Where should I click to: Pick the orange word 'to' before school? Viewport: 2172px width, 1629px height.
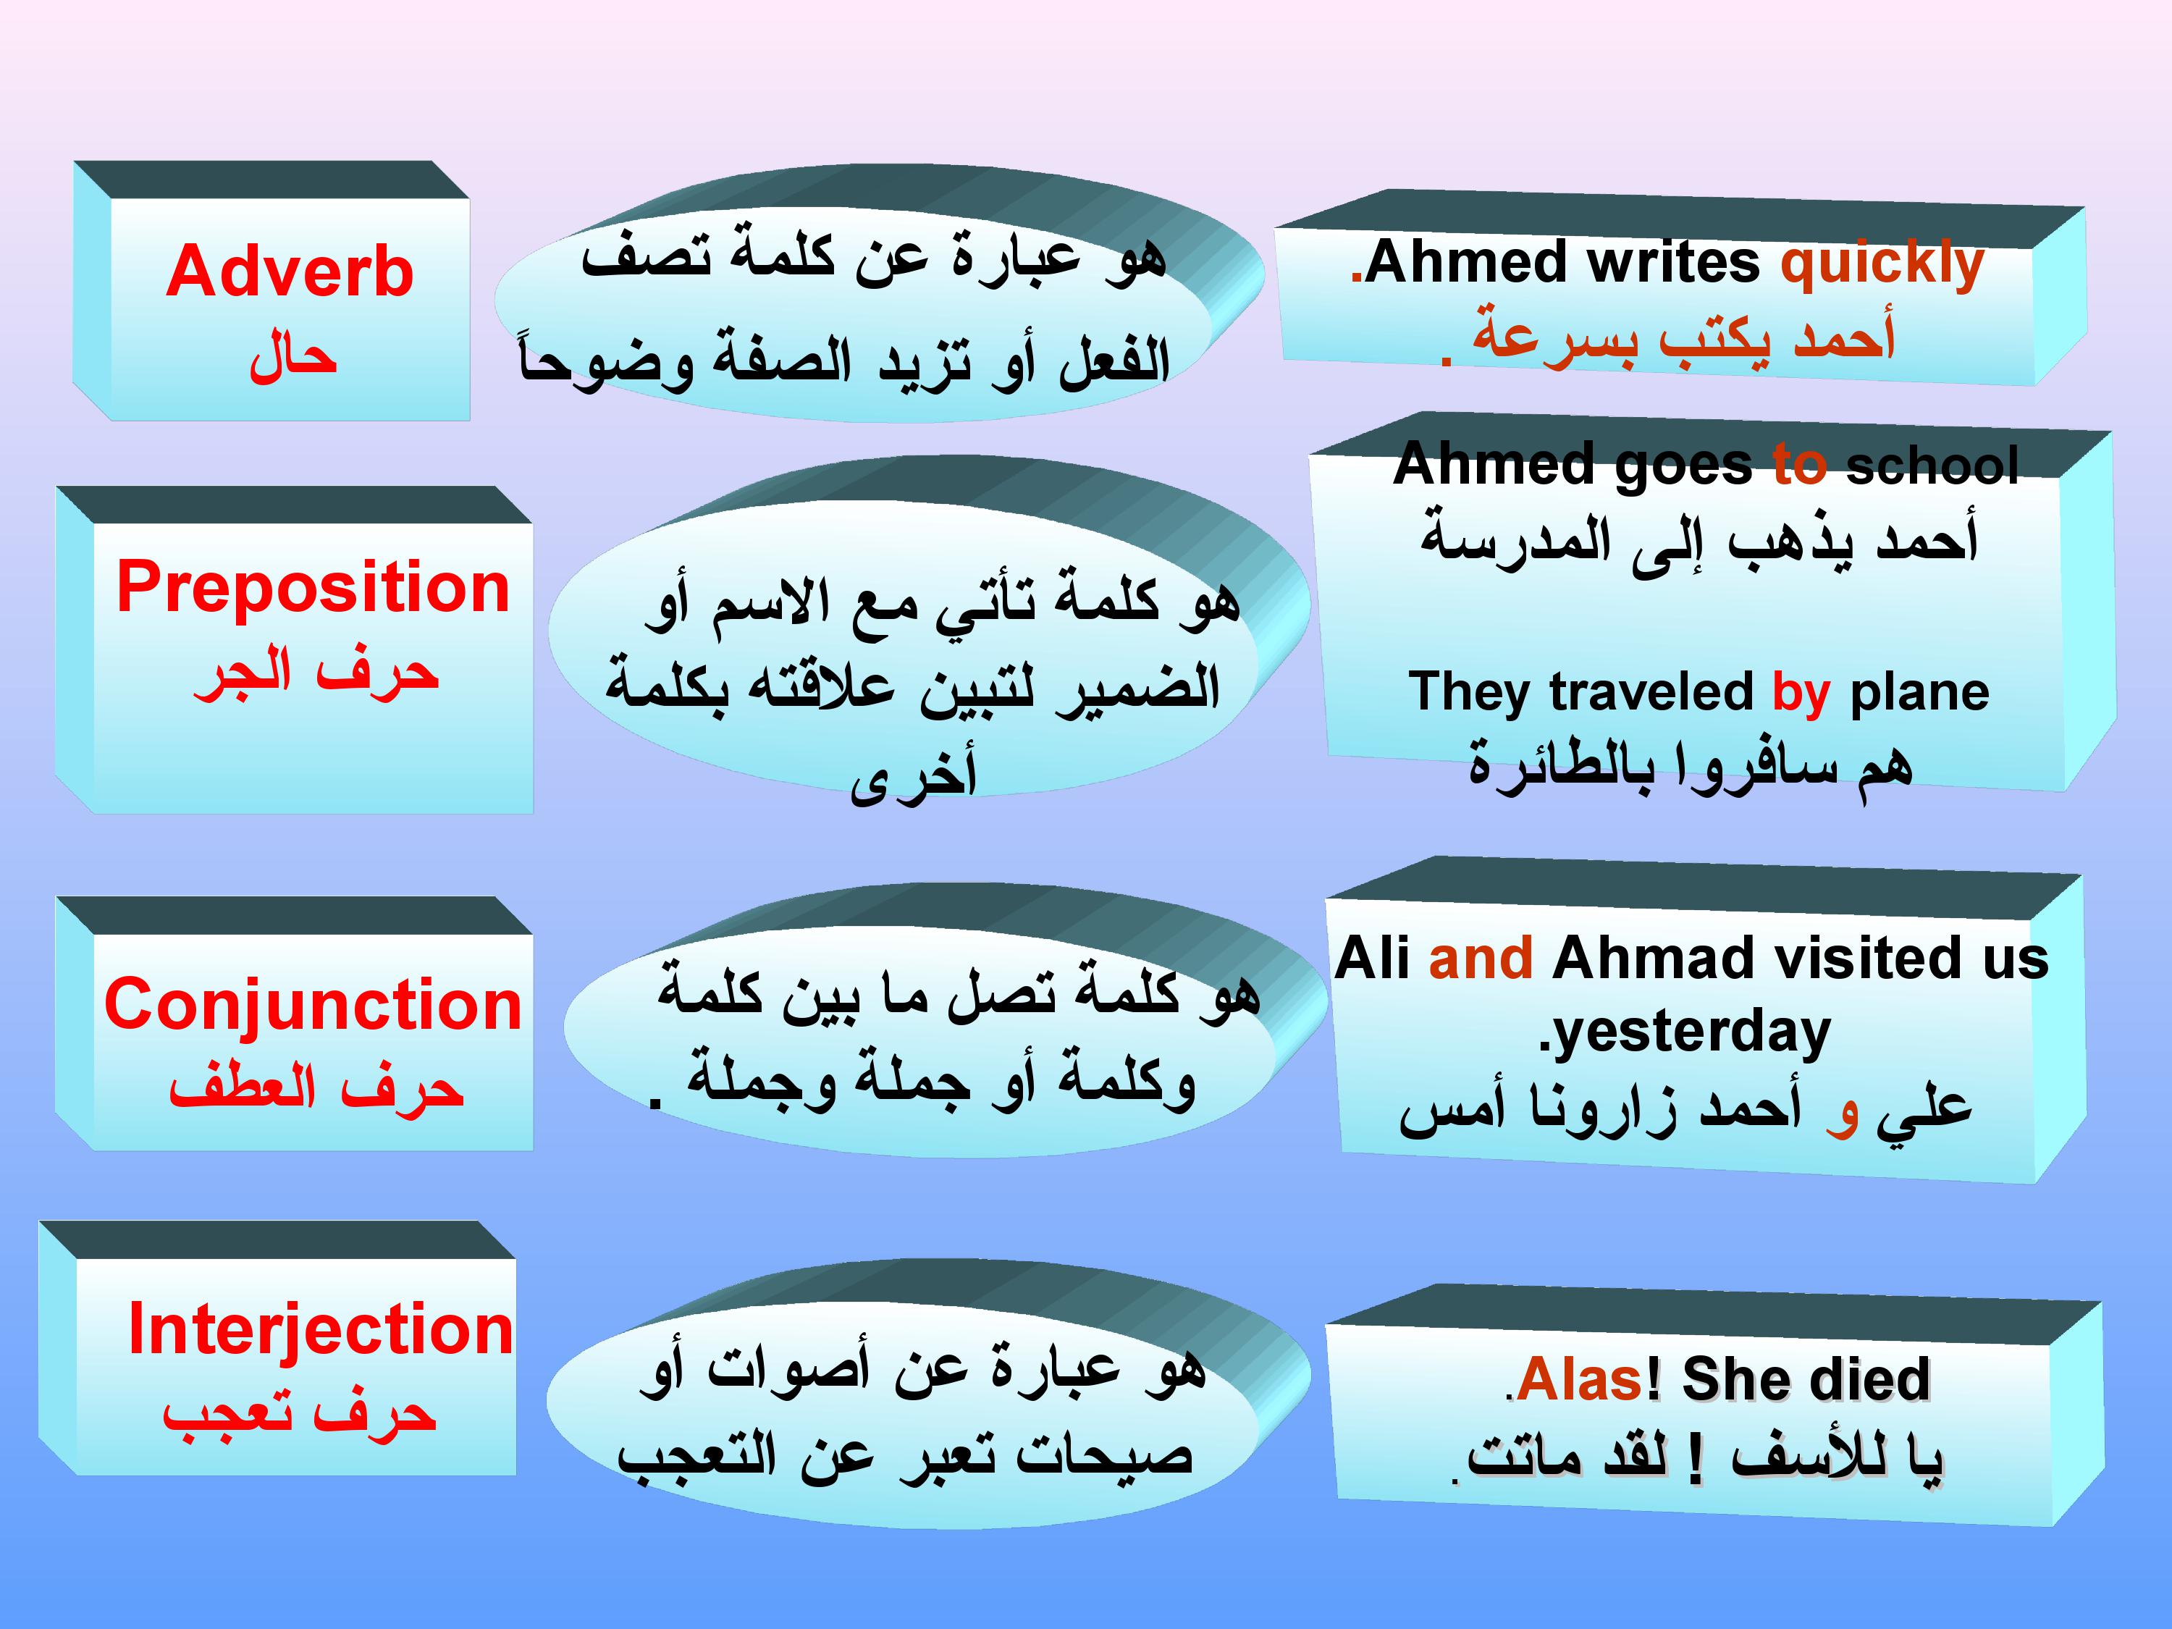click(1800, 465)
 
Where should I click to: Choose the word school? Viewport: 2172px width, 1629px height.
click(1932, 465)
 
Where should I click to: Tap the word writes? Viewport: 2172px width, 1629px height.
click(1673, 262)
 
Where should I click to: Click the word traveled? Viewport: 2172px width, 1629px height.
click(1651, 692)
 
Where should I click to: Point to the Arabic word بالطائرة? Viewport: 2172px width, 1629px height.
click(1561, 765)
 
